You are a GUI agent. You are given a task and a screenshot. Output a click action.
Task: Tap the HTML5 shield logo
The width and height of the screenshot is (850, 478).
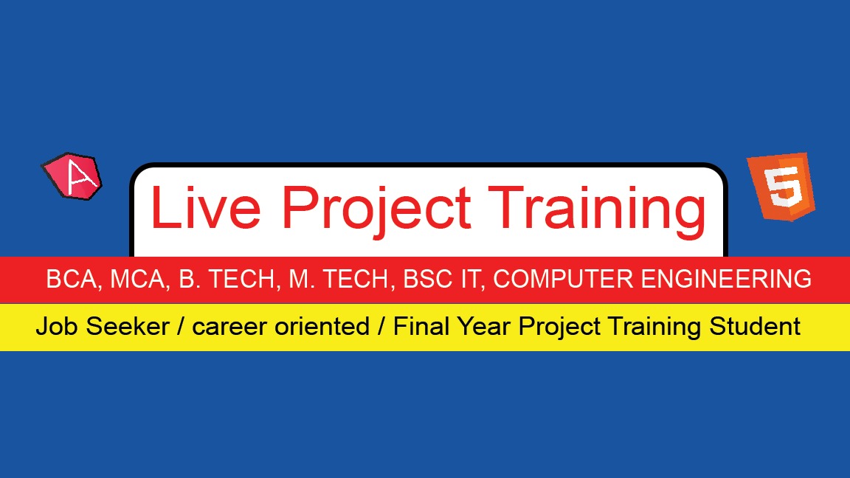pos(781,187)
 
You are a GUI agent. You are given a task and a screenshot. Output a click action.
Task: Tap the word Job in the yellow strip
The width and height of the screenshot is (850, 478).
pos(58,326)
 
